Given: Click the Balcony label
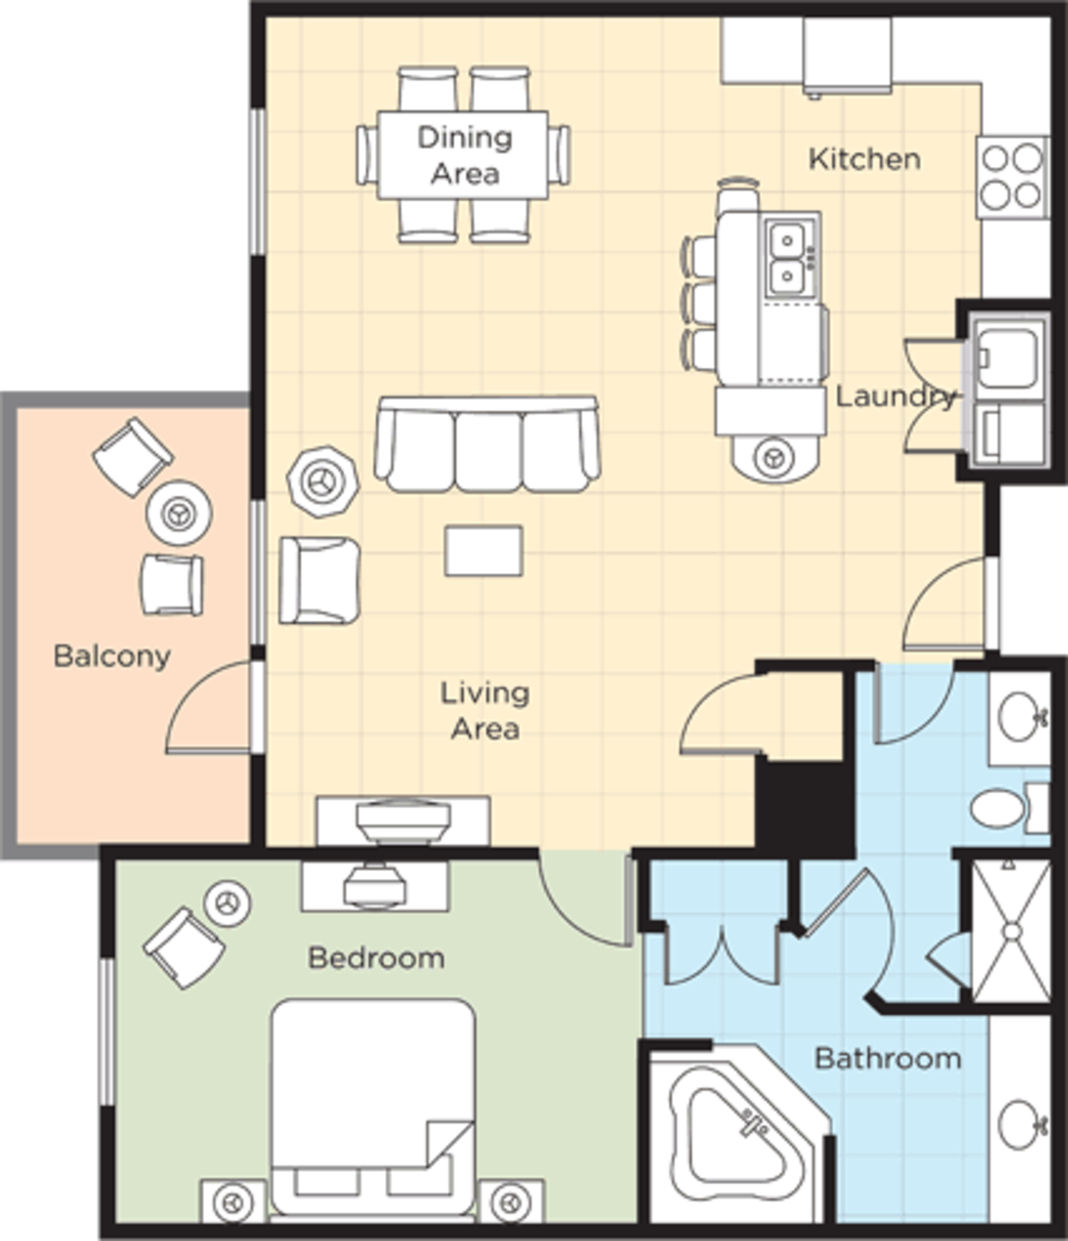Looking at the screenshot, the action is point(112,656).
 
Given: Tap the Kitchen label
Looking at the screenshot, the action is point(864,159).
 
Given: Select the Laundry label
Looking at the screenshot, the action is point(895,397).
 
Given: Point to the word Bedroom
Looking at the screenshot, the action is point(376,958).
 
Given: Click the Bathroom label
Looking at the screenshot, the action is point(888,1059).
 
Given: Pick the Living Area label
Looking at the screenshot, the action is point(485,711).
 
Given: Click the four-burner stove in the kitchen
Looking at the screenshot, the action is point(1012,177).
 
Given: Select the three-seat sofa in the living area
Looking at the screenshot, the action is point(487,444).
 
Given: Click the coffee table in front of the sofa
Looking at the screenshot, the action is point(484,550).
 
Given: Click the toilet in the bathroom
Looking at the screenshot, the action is point(1009,808).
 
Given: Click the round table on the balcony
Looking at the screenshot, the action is point(179,513).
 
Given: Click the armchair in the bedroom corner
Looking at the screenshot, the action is point(185,948).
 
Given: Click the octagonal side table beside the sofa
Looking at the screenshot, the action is point(323,481).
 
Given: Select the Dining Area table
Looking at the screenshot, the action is point(463,155).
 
